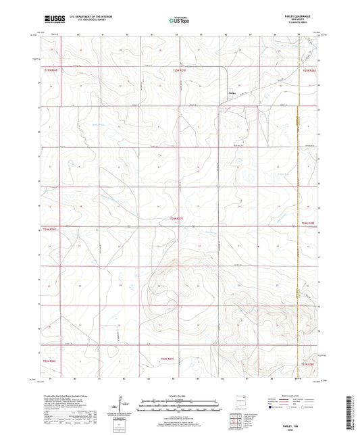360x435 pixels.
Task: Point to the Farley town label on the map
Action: tap(232, 93)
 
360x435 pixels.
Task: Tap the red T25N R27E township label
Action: tap(180, 70)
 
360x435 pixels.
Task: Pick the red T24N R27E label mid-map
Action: tap(177, 217)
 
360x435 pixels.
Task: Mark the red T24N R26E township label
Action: tap(51, 230)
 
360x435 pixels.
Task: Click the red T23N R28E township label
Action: tap(308, 363)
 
